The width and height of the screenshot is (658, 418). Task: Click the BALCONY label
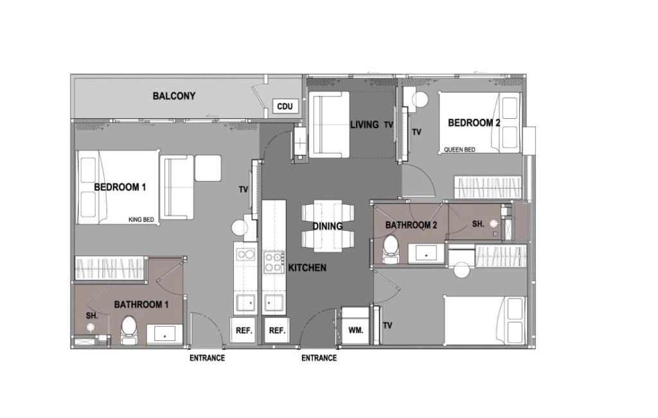click(x=173, y=96)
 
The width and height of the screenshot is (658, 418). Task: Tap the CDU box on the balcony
click(x=285, y=107)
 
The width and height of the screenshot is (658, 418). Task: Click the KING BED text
click(x=141, y=220)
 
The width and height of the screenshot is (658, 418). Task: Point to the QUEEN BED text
click(x=459, y=150)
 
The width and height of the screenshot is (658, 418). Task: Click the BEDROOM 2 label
click(x=474, y=123)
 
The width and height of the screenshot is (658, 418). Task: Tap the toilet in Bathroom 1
click(x=129, y=330)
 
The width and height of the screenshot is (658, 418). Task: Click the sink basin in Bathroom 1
click(x=164, y=335)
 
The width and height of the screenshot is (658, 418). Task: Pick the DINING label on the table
click(x=327, y=227)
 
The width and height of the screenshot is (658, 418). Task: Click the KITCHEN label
click(x=307, y=268)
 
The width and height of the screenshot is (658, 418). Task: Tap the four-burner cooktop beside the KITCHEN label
click(x=274, y=263)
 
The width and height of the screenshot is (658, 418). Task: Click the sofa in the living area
click(x=329, y=125)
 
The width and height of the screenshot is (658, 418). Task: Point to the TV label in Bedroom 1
click(x=244, y=190)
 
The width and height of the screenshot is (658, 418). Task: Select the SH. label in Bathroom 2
click(x=478, y=224)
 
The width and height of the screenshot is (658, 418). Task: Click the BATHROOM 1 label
click(x=141, y=305)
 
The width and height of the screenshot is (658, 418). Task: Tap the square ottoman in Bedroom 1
click(x=208, y=168)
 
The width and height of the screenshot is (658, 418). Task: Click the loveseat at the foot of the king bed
click(x=177, y=187)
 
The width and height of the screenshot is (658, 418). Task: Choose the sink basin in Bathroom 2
click(x=427, y=254)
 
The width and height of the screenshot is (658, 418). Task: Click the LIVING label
click(x=364, y=125)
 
